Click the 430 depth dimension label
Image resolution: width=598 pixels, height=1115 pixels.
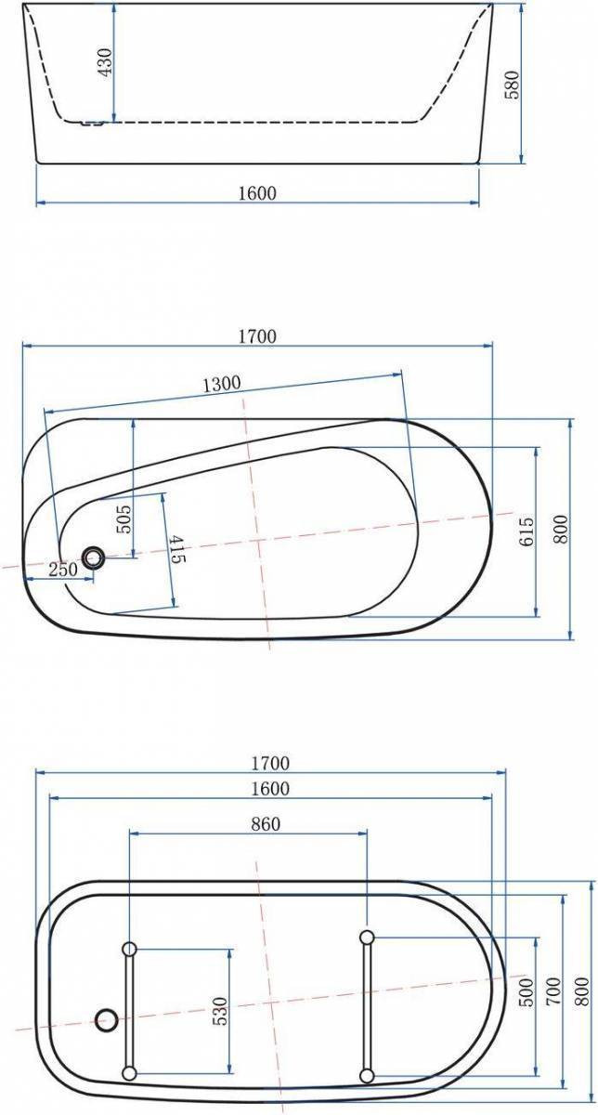click(105, 62)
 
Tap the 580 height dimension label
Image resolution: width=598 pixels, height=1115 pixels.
click(512, 85)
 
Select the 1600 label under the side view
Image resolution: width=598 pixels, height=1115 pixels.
click(256, 193)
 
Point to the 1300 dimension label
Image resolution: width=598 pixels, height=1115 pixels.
click(222, 384)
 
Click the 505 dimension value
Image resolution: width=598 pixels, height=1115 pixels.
click(123, 519)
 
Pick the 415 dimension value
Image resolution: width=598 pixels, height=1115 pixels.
click(177, 549)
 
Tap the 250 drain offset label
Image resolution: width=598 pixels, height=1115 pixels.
click(63, 569)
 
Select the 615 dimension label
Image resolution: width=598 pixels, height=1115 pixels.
click(526, 531)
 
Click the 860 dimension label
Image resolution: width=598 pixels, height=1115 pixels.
click(266, 824)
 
